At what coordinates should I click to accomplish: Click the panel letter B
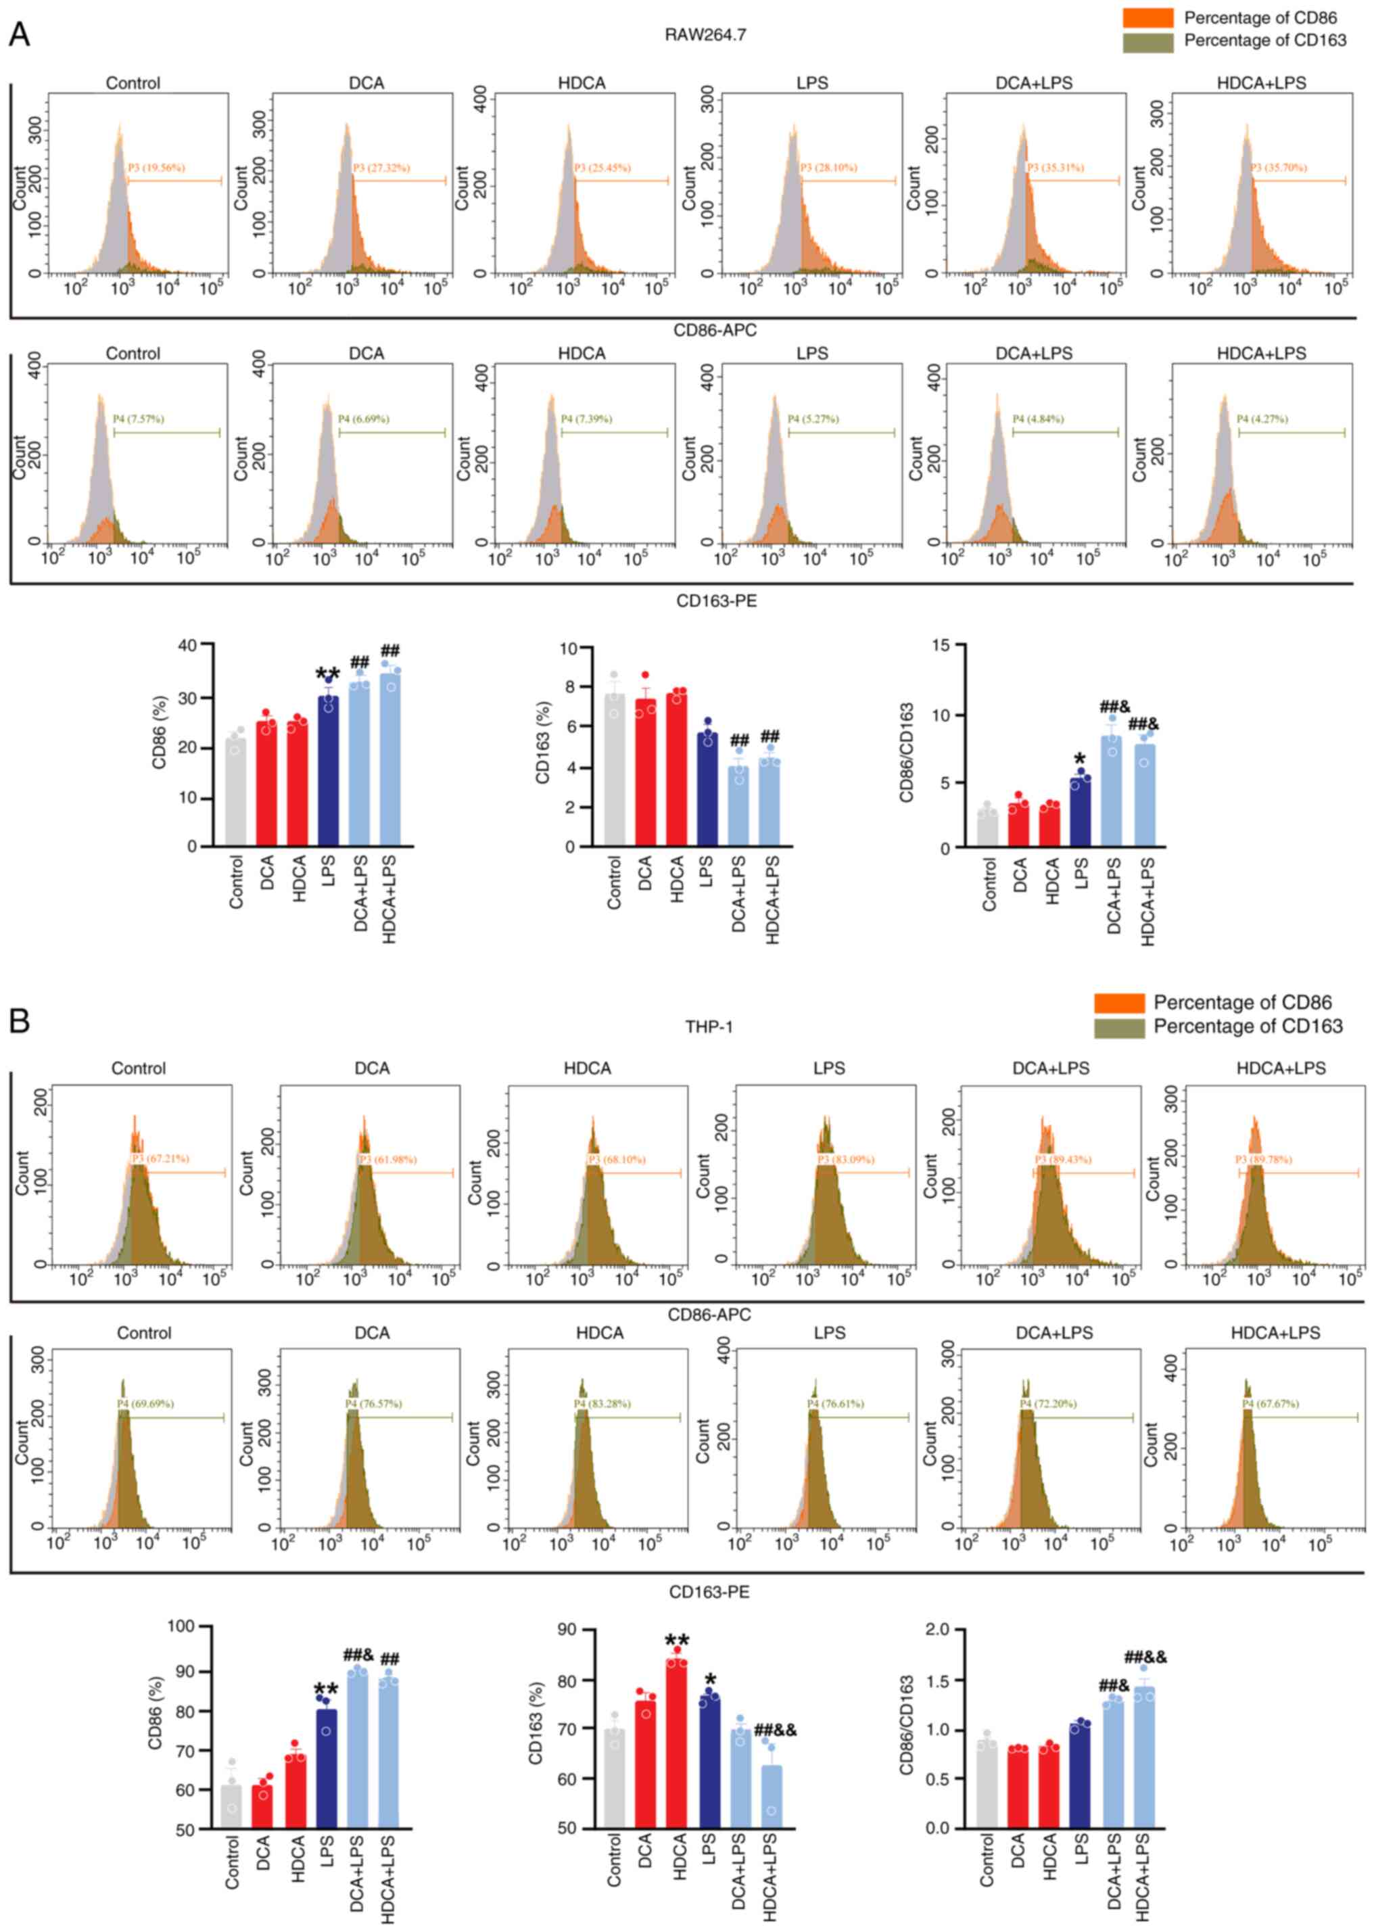click(x=19, y=1021)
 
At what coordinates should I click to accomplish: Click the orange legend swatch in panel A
click(x=1147, y=18)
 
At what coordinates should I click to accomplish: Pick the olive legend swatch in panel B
click(x=1118, y=1027)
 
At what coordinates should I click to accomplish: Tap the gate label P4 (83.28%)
click(x=602, y=1403)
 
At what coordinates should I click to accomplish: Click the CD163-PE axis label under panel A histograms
click(x=716, y=601)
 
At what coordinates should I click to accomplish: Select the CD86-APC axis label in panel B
click(x=709, y=1315)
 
